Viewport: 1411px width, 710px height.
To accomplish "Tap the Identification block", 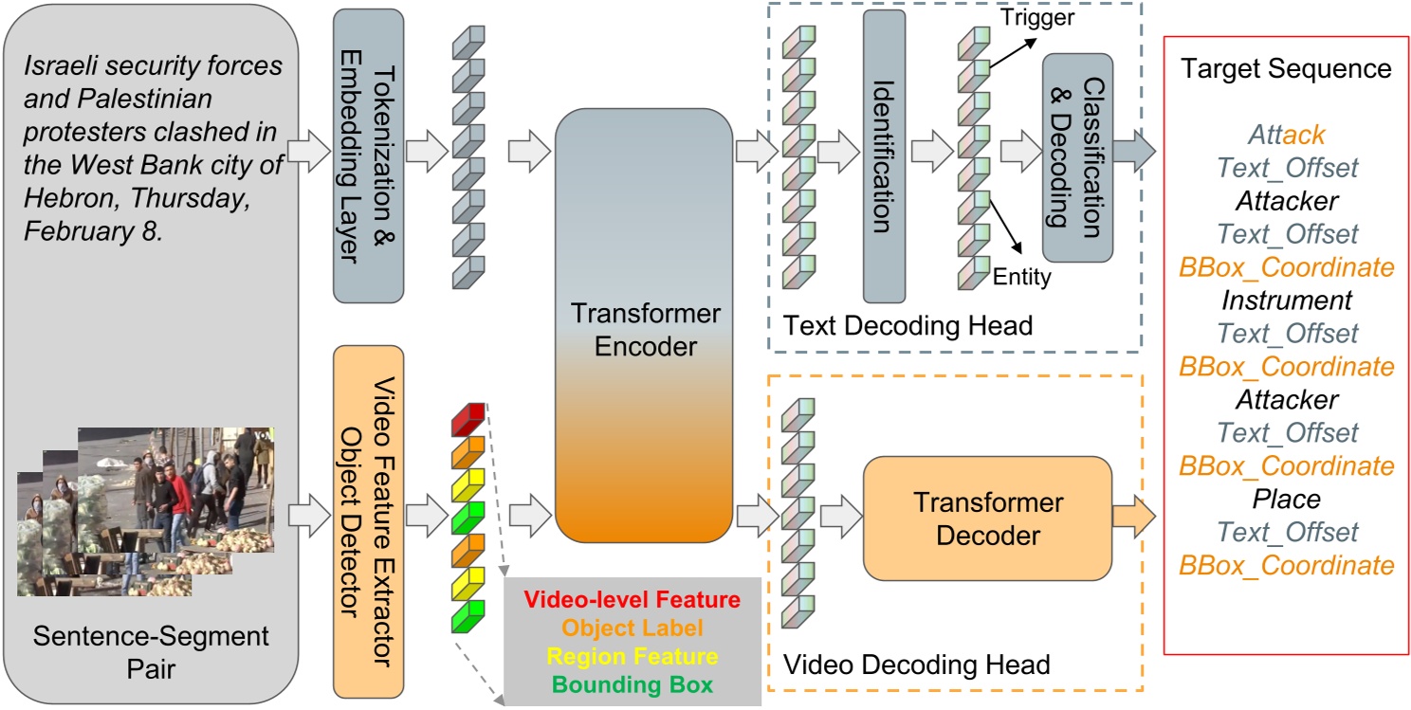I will click(x=883, y=155).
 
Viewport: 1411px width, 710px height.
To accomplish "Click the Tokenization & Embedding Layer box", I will click(x=369, y=155).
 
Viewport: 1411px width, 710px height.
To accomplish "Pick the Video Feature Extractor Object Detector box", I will click(x=369, y=520).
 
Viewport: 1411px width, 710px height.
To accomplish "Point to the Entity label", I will click(x=1021, y=277).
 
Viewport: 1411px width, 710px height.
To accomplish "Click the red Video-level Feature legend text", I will click(x=632, y=599).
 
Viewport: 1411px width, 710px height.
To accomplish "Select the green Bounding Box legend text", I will click(x=632, y=684).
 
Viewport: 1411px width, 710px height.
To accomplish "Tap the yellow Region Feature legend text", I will click(x=632, y=656).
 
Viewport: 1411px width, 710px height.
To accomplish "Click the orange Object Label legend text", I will click(x=632, y=628).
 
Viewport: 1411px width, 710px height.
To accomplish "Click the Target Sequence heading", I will click(x=1287, y=69).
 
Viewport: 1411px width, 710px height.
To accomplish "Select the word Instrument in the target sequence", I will click(x=1287, y=300).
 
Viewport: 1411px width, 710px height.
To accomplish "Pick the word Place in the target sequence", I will click(x=1287, y=498).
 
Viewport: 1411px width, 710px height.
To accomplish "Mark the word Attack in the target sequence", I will click(x=1287, y=136).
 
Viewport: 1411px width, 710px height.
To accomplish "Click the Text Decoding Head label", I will click(x=907, y=326).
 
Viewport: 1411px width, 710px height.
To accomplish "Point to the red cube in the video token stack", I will click(x=467, y=418).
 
